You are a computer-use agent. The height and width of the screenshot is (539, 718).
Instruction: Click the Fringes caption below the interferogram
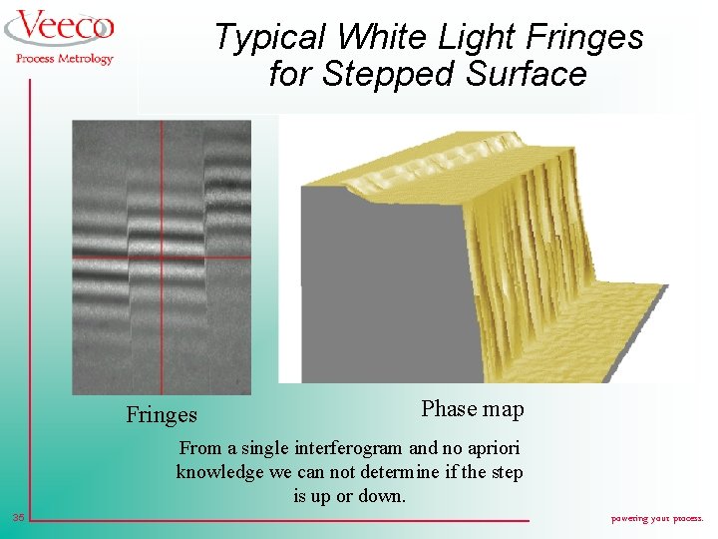pos(162,414)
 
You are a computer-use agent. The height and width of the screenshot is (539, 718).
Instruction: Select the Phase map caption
pos(472,408)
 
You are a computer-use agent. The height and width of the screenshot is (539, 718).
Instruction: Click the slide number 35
pos(19,517)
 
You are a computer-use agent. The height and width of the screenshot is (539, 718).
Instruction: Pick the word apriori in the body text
pos(490,448)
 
